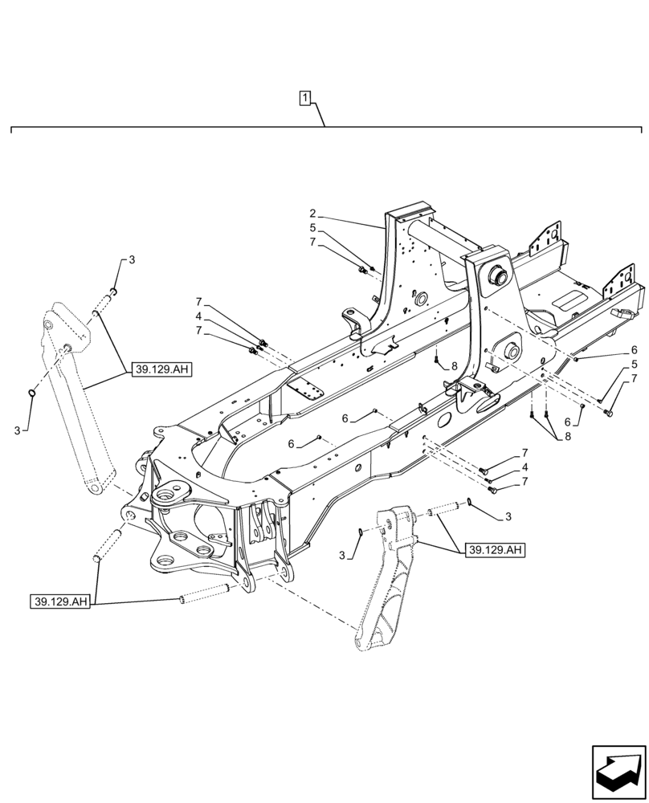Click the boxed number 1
tap(305, 99)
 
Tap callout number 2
tap(312, 214)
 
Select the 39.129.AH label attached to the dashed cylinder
tap(160, 369)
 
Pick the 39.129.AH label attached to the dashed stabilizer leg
tap(495, 550)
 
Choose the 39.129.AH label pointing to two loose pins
tap(61, 601)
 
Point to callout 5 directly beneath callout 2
tap(312, 227)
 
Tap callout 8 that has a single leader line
tap(454, 366)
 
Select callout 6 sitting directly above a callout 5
tap(634, 350)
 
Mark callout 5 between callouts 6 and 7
tap(634, 365)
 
